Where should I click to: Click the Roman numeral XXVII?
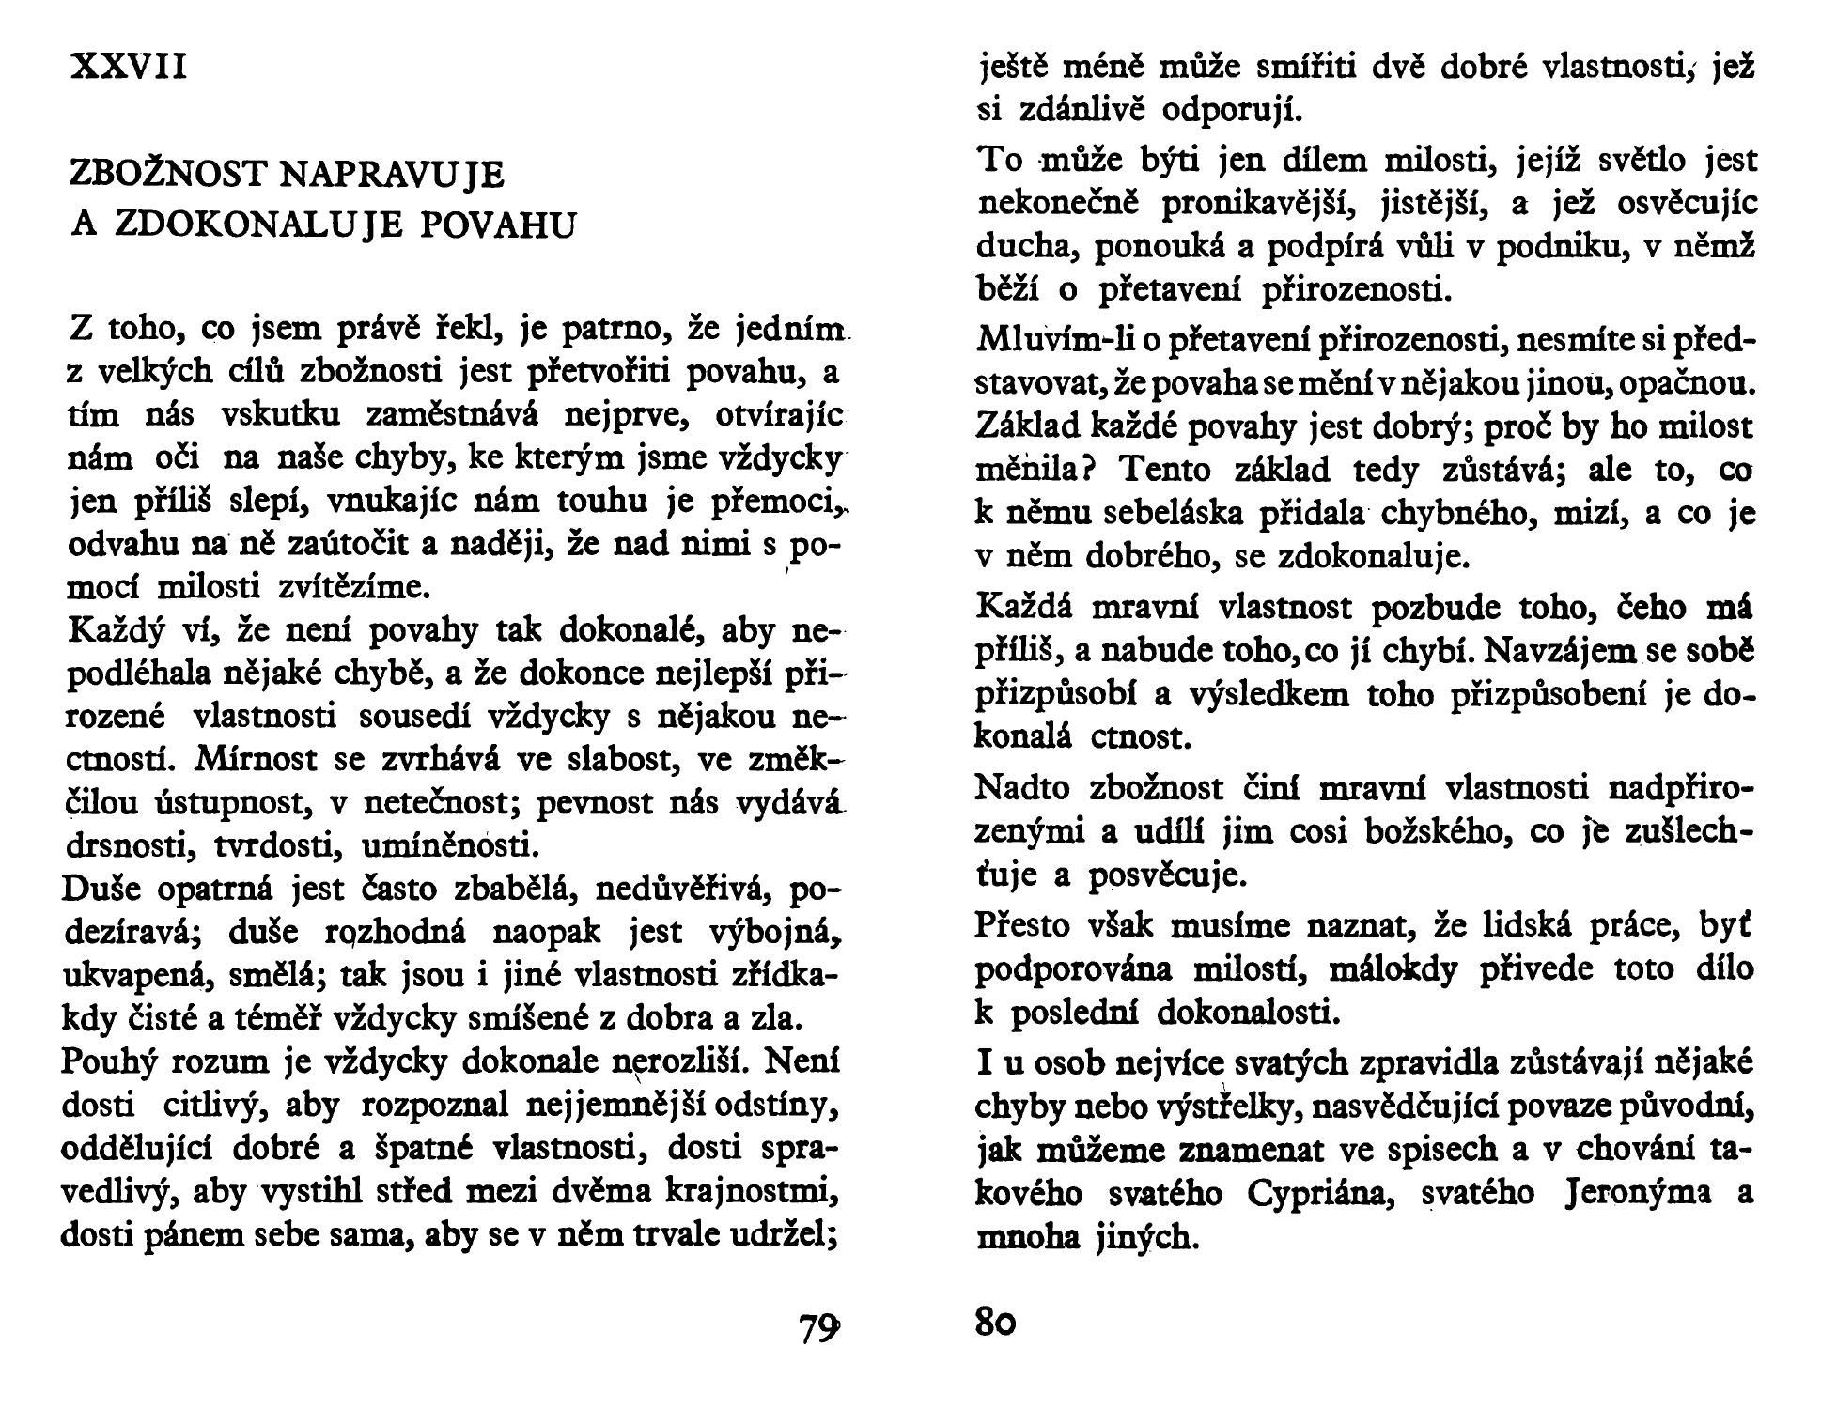(x=130, y=67)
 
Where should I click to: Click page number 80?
(x=996, y=1323)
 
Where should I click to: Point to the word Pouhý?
(x=109, y=1062)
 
